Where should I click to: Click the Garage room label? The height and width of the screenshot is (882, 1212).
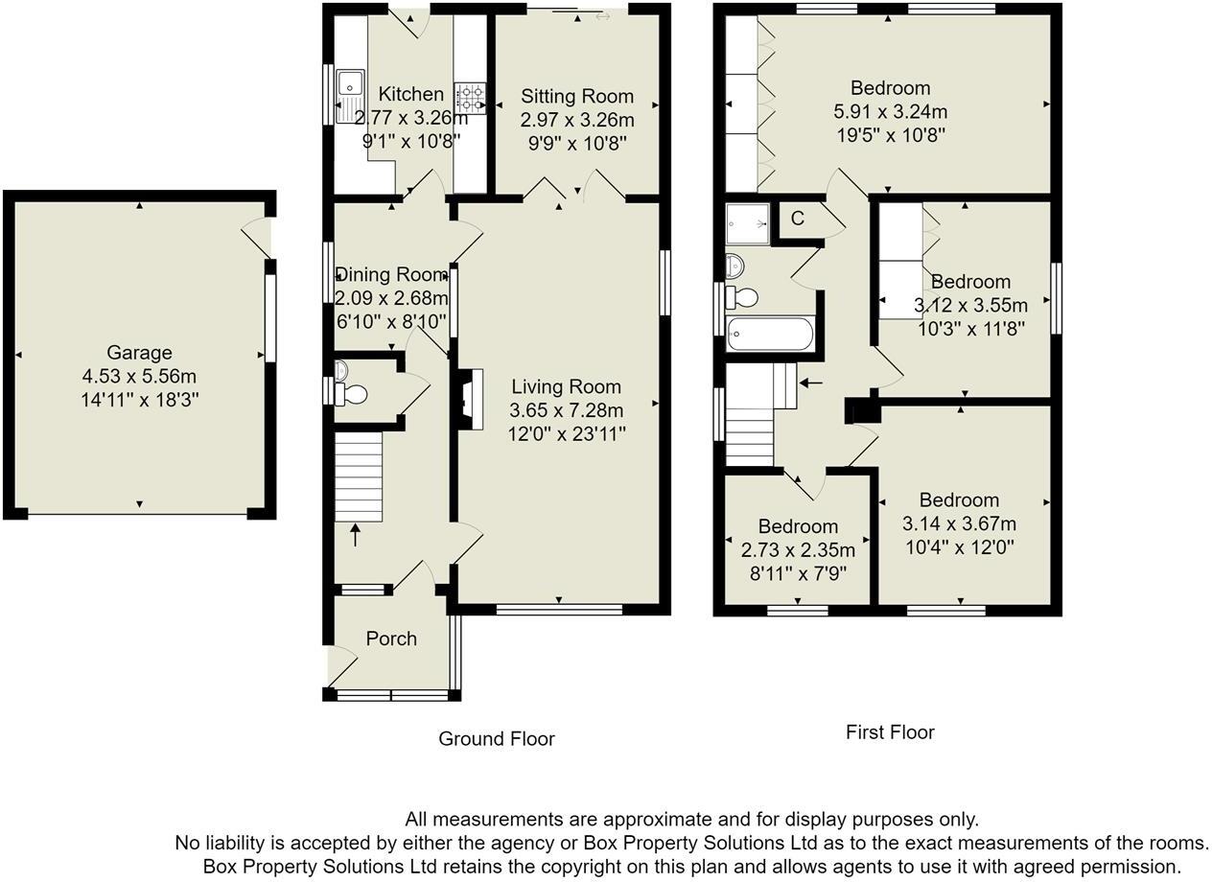(140, 353)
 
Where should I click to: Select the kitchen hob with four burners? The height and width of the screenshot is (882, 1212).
(470, 96)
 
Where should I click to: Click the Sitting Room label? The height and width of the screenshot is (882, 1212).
(577, 96)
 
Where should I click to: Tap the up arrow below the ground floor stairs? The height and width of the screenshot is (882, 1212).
(356, 534)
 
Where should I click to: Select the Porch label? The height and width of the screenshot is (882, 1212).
(391, 638)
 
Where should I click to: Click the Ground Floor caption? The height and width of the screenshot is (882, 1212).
(497, 739)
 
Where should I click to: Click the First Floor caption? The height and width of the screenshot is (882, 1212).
(890, 732)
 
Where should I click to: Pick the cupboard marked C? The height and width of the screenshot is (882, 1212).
(797, 219)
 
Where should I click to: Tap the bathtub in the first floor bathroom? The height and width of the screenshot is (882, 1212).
(771, 335)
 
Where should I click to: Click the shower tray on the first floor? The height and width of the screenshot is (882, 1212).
(748, 223)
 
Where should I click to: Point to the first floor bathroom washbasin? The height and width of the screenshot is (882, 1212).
(734, 264)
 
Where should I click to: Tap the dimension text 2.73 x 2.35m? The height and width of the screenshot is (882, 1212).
(798, 550)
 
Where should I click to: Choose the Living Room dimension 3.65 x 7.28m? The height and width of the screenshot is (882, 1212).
(566, 410)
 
